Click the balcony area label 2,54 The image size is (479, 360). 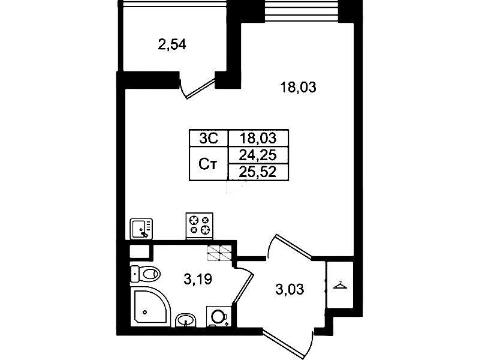pyautogui.click(x=172, y=45)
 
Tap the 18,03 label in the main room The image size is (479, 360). pyautogui.click(x=298, y=88)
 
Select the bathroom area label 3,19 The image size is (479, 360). pyautogui.click(x=198, y=279)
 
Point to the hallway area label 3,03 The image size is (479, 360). pyautogui.click(x=290, y=289)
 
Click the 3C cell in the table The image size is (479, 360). pyautogui.click(x=209, y=138)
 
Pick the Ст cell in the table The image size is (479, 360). pyautogui.click(x=208, y=164)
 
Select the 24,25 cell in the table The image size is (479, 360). pyautogui.click(x=258, y=155)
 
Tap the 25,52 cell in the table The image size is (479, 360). pyautogui.click(x=258, y=172)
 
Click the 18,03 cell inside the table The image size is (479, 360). pyautogui.click(x=258, y=138)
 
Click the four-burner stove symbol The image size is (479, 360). pyautogui.click(x=200, y=226)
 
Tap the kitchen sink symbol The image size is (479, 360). pyautogui.click(x=141, y=229)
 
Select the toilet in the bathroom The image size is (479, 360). pyautogui.click(x=146, y=274)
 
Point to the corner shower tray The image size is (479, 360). pyautogui.click(x=150, y=307)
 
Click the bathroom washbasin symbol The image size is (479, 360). pyautogui.click(x=186, y=320)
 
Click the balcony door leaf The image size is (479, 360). pyautogui.click(x=201, y=89)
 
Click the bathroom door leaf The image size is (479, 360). pyautogui.click(x=243, y=288)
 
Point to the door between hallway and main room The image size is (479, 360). pyautogui.click(x=294, y=246)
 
